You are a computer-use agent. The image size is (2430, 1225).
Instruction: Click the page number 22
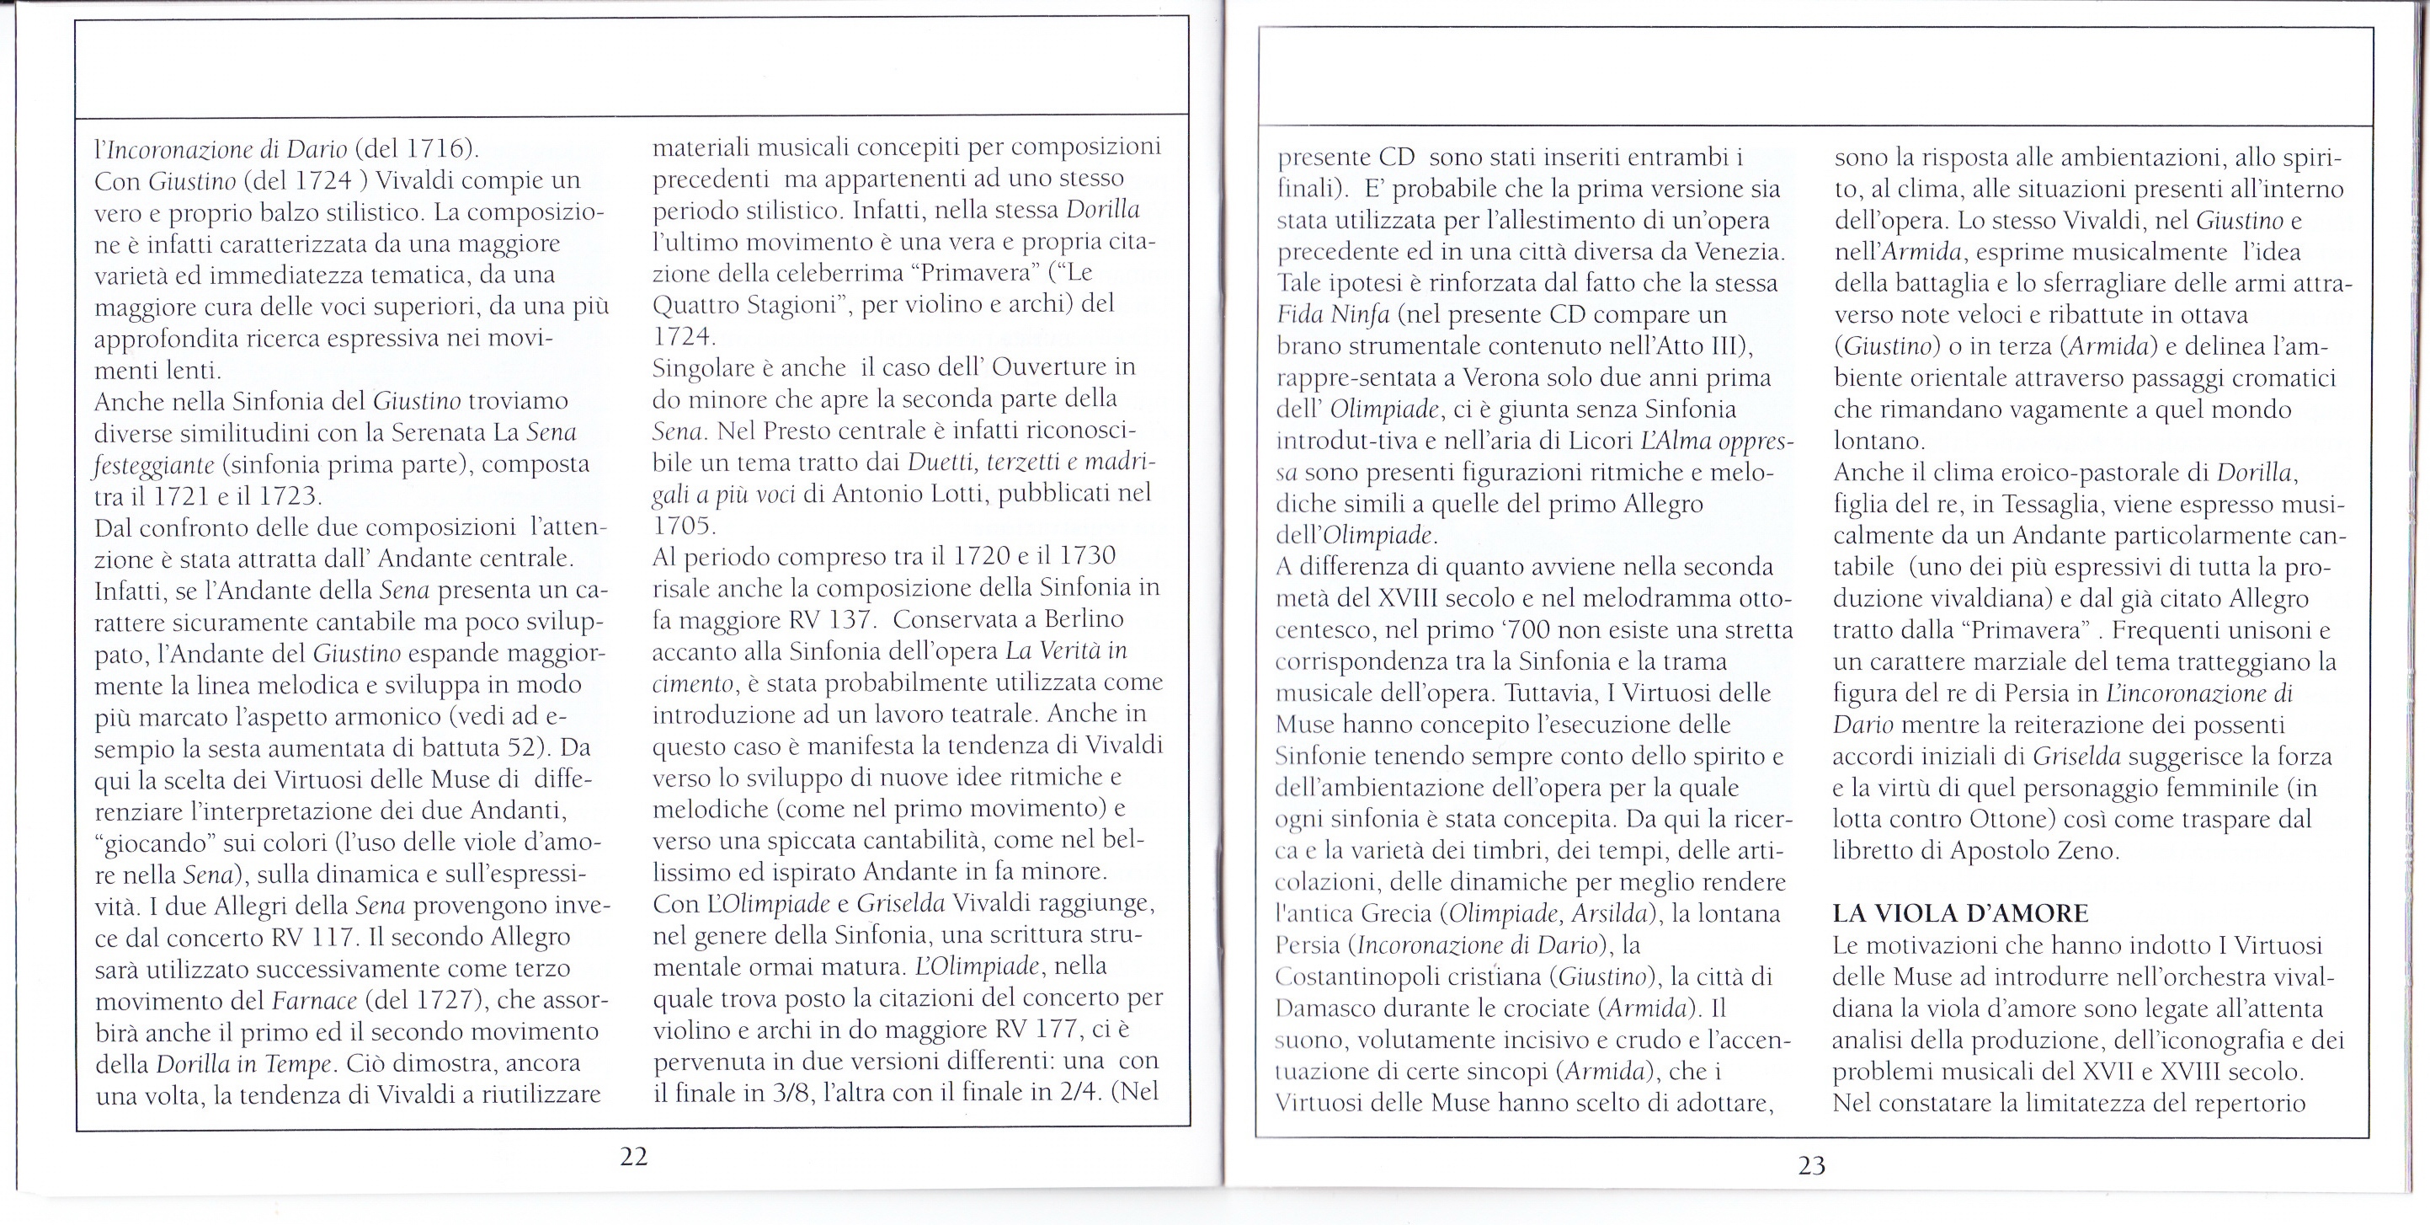click(634, 1156)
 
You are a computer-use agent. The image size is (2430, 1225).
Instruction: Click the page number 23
click(1811, 1165)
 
